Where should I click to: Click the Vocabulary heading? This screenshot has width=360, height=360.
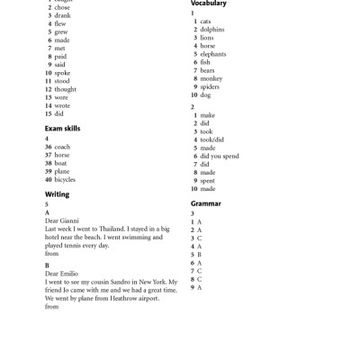[209, 4]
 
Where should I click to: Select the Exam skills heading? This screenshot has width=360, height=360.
[63, 129]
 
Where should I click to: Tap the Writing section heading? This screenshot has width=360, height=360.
[57, 194]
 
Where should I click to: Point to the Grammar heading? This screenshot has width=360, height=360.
[205, 204]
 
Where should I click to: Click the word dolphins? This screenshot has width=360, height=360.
[212, 29]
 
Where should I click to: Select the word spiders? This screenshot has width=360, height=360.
[211, 86]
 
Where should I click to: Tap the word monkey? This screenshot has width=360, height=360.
[211, 78]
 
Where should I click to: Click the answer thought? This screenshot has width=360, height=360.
[65, 90]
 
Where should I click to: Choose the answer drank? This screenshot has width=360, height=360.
[62, 15]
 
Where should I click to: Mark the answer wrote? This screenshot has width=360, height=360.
[62, 106]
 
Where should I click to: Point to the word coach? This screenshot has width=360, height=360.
[62, 147]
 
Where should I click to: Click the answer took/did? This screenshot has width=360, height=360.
[212, 139]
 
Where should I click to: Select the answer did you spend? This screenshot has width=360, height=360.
[220, 156]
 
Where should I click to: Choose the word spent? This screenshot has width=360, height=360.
[209, 181]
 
